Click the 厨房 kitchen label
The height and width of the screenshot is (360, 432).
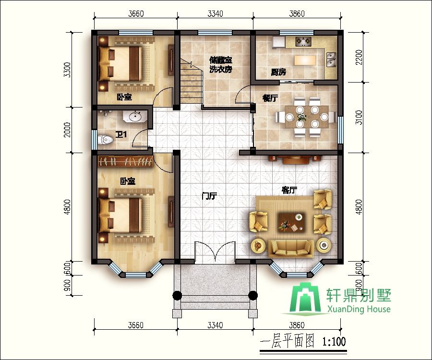click(x=278, y=72)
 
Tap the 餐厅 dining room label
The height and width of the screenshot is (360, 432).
click(x=270, y=98)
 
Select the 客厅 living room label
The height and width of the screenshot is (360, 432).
click(x=289, y=190)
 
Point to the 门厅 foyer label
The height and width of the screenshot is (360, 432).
click(x=209, y=196)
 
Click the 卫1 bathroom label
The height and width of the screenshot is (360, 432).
click(x=121, y=134)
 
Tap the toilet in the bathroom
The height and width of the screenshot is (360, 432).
click(x=105, y=140)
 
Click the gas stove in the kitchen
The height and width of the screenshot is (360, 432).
click(x=303, y=42)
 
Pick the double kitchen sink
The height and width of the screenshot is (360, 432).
click(x=331, y=60)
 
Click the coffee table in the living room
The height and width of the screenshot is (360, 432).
click(x=291, y=221)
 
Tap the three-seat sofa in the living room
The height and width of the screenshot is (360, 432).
click(x=291, y=249)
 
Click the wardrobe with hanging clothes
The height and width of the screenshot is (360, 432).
click(x=126, y=161)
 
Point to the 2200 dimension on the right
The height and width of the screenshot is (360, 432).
click(x=359, y=57)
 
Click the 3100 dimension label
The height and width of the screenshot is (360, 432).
click(x=359, y=117)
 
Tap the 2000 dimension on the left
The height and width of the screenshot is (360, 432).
click(x=67, y=130)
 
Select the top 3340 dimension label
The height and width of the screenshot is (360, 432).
click(x=215, y=13)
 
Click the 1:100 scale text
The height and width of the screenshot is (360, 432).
click(x=334, y=342)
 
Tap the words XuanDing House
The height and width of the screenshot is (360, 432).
click(x=359, y=309)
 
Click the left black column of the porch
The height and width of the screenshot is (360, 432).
click(x=177, y=296)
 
